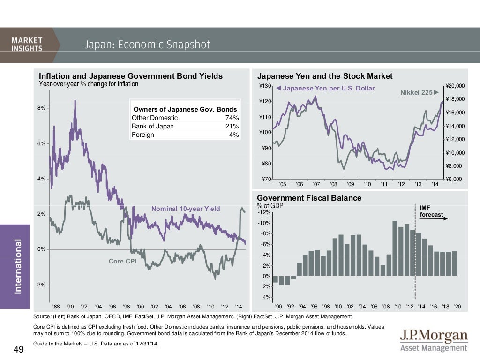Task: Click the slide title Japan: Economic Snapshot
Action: [x=148, y=45]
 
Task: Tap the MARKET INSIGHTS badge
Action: [x=27, y=45]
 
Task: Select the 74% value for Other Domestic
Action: [x=232, y=118]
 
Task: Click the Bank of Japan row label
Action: [x=153, y=126]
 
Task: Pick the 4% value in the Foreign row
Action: [x=234, y=135]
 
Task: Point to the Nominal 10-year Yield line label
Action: [x=185, y=209]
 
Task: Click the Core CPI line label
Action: [x=122, y=261]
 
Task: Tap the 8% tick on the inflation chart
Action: [x=42, y=108]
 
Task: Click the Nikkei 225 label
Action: [x=416, y=92]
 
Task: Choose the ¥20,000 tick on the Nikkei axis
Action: [x=454, y=86]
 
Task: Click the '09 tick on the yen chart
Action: [x=350, y=184]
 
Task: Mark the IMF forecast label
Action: [x=430, y=211]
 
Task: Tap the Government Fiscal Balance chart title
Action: [x=309, y=198]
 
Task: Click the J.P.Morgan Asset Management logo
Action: [x=434, y=341]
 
